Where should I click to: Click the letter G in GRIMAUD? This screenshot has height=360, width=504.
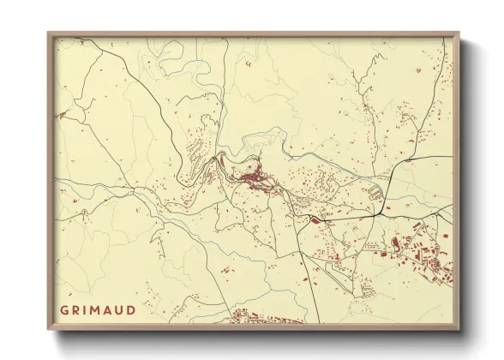[x=64, y=310]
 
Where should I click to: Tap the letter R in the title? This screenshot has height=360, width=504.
[x=77, y=310]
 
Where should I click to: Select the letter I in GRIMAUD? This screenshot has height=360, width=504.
[x=87, y=310]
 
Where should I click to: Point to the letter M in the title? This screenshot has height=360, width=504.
[x=99, y=310]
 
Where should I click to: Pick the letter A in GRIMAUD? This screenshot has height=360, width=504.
[x=111, y=310]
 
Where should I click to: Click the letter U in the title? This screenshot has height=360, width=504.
[x=123, y=310]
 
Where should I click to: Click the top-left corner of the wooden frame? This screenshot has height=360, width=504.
[x=48, y=33]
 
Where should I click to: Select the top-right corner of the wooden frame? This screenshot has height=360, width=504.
[x=459, y=33]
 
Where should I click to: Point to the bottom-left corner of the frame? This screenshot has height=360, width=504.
[x=48, y=330]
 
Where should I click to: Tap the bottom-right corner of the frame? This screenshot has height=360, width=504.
[x=459, y=330]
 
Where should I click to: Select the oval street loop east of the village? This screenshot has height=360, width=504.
[x=374, y=192]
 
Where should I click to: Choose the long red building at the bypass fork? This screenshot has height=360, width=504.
[x=316, y=220]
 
